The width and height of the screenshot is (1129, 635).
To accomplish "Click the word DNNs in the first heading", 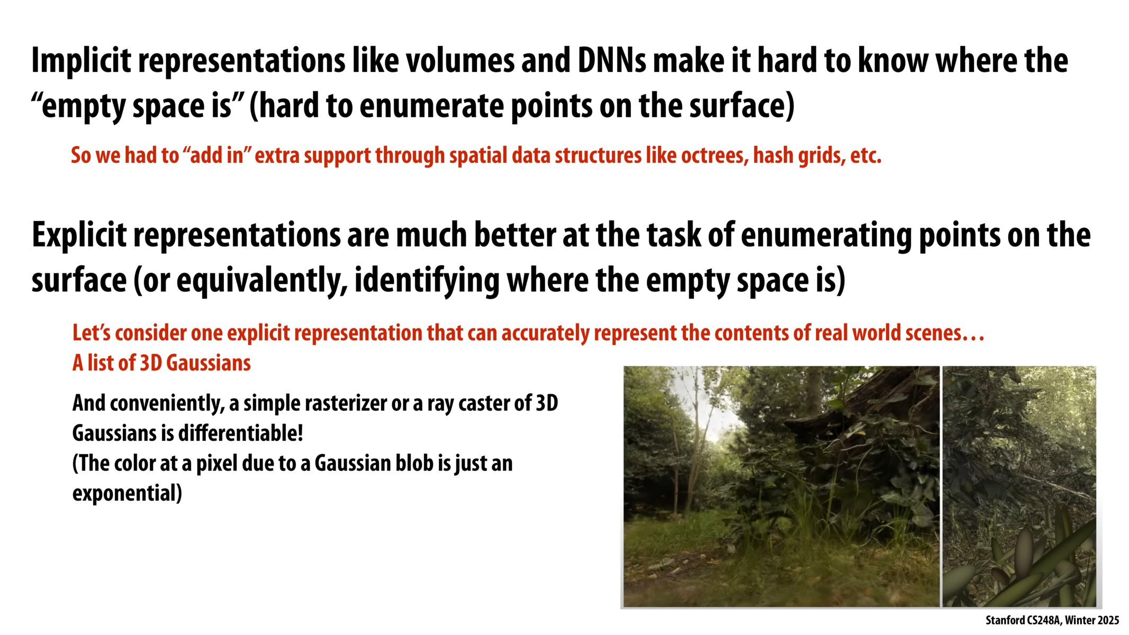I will pyautogui.click(x=611, y=61).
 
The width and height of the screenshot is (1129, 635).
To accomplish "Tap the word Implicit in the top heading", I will pyautogui.click(x=81, y=61).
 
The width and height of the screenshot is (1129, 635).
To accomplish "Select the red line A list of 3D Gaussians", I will pyautogui.click(x=161, y=364).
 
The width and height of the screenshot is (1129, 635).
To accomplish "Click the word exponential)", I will pyautogui.click(x=127, y=494).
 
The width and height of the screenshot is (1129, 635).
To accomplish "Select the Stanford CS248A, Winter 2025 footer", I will pyautogui.click(x=1052, y=620).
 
